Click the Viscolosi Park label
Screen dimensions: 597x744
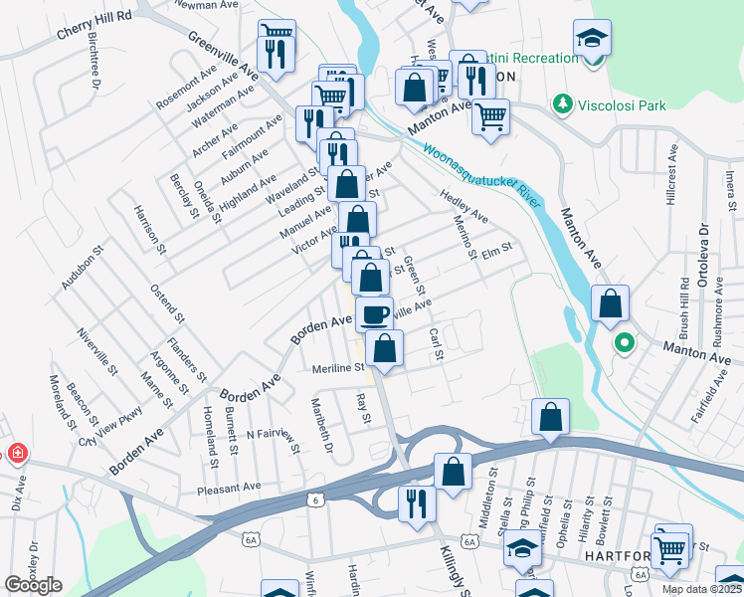(624, 102)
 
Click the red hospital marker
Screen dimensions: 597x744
(17, 455)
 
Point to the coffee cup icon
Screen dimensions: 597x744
(374, 314)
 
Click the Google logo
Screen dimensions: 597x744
(33, 585)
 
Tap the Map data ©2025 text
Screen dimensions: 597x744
(702, 589)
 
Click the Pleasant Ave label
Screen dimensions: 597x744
(228, 488)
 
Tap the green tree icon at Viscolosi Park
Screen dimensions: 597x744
(564, 102)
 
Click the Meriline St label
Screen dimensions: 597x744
(335, 367)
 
